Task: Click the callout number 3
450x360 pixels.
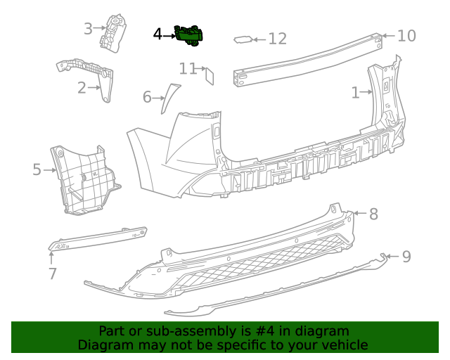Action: pos(88,29)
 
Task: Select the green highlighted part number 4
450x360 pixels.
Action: pos(189,35)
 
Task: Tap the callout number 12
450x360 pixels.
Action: pos(278,39)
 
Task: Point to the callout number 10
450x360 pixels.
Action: pos(407,35)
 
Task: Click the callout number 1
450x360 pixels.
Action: pos(356,91)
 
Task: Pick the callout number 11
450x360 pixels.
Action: pos(187,68)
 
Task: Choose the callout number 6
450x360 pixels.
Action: pos(147,96)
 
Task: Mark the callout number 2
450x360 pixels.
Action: pos(82,88)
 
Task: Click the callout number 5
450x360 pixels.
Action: pos(37,169)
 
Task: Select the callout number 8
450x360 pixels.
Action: pos(373,214)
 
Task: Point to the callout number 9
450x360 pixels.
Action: pos(406,257)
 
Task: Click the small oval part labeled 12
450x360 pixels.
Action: pos(242,40)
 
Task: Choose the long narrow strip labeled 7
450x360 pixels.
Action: pos(98,238)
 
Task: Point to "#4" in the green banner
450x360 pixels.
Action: pos(245,330)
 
